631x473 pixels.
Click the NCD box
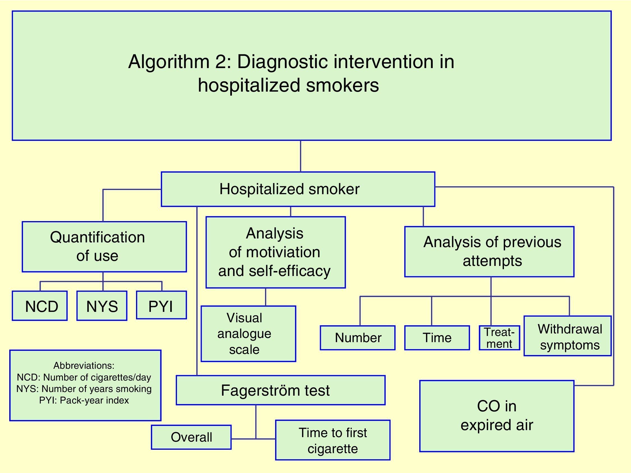(x=40, y=306)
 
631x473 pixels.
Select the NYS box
(x=102, y=306)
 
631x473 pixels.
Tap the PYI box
(x=162, y=305)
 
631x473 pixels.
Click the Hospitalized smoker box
(x=298, y=189)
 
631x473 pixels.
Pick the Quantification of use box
(x=104, y=247)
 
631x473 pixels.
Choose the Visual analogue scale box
(x=248, y=334)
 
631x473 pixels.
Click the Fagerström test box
(x=280, y=390)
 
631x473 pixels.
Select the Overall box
(x=191, y=437)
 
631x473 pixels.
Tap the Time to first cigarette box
(x=333, y=440)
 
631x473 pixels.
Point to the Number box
(x=358, y=338)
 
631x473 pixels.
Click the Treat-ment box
(x=499, y=338)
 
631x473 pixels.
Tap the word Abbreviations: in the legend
(x=84, y=365)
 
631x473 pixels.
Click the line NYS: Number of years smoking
(x=84, y=389)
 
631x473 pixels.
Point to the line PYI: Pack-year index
(x=84, y=401)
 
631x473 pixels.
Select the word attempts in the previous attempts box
(x=492, y=261)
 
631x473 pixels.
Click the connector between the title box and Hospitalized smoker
(x=301, y=156)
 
